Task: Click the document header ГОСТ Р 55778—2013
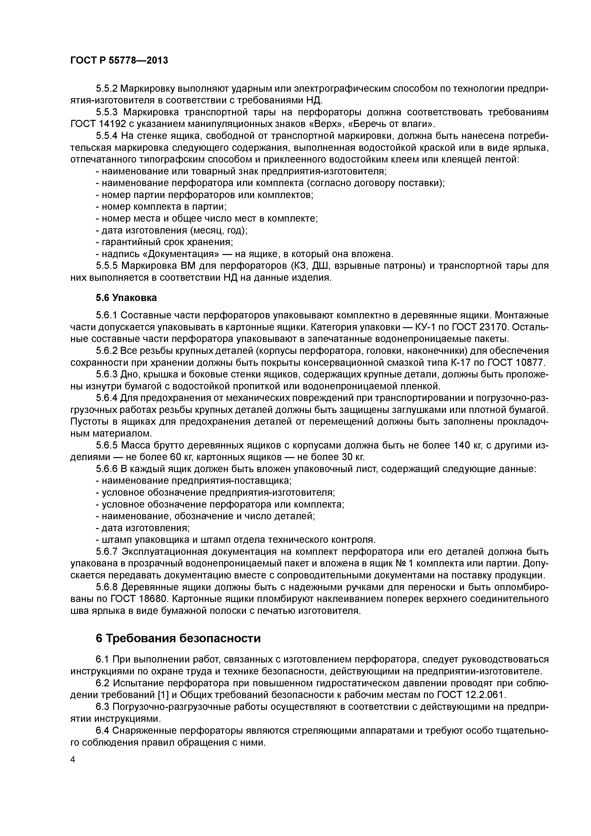pos(119,61)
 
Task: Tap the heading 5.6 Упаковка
pos(126,298)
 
